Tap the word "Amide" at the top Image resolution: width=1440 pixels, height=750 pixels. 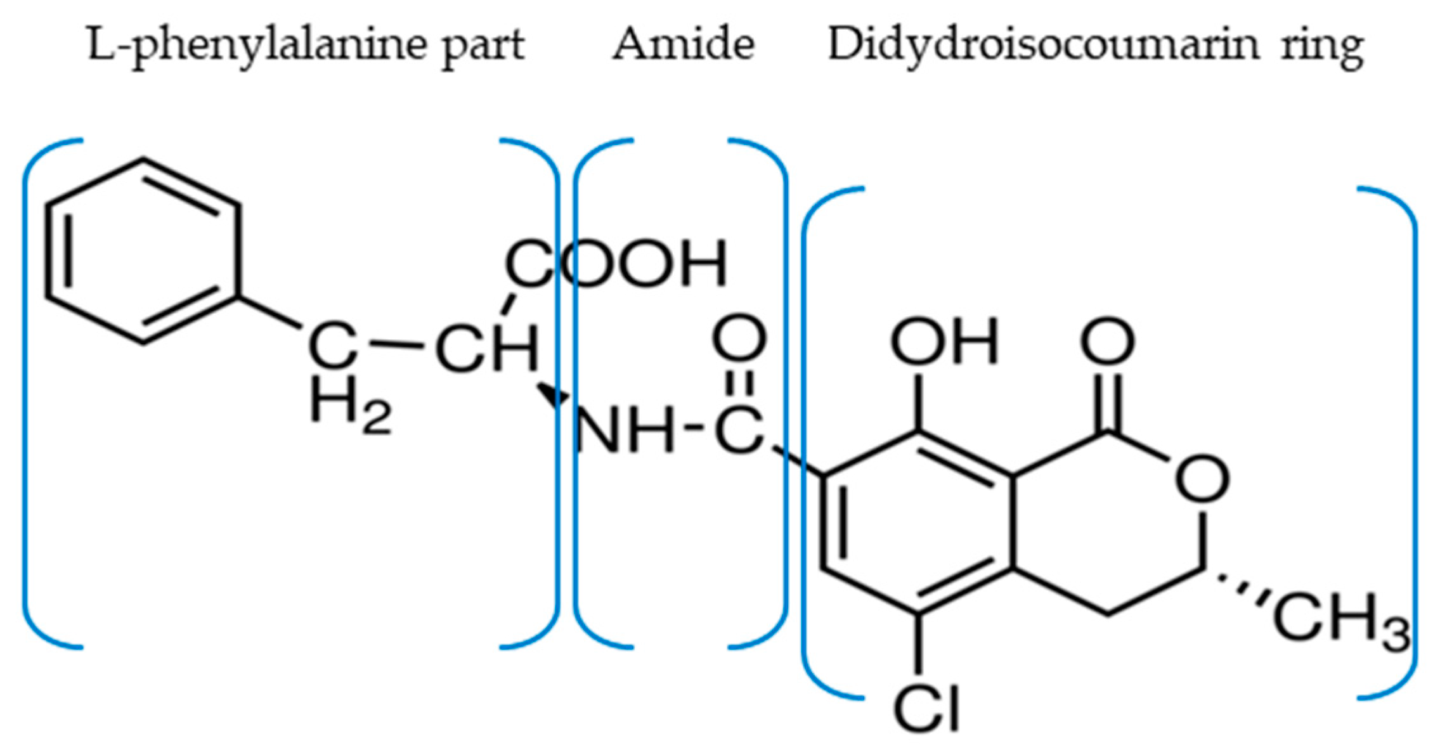tap(684, 44)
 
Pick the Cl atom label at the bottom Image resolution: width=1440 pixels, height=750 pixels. tap(925, 709)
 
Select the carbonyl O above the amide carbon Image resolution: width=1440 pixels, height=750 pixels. tap(739, 340)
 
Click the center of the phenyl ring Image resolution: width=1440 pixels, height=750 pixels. tap(143, 251)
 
